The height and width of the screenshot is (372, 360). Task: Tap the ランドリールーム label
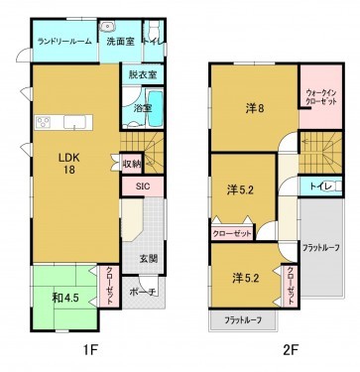(63, 42)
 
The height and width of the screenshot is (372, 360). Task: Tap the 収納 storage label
(132, 163)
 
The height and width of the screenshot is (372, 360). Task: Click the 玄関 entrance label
(148, 260)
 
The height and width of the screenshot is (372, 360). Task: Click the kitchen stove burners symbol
(45, 123)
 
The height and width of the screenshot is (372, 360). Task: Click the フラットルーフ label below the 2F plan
(242, 320)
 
